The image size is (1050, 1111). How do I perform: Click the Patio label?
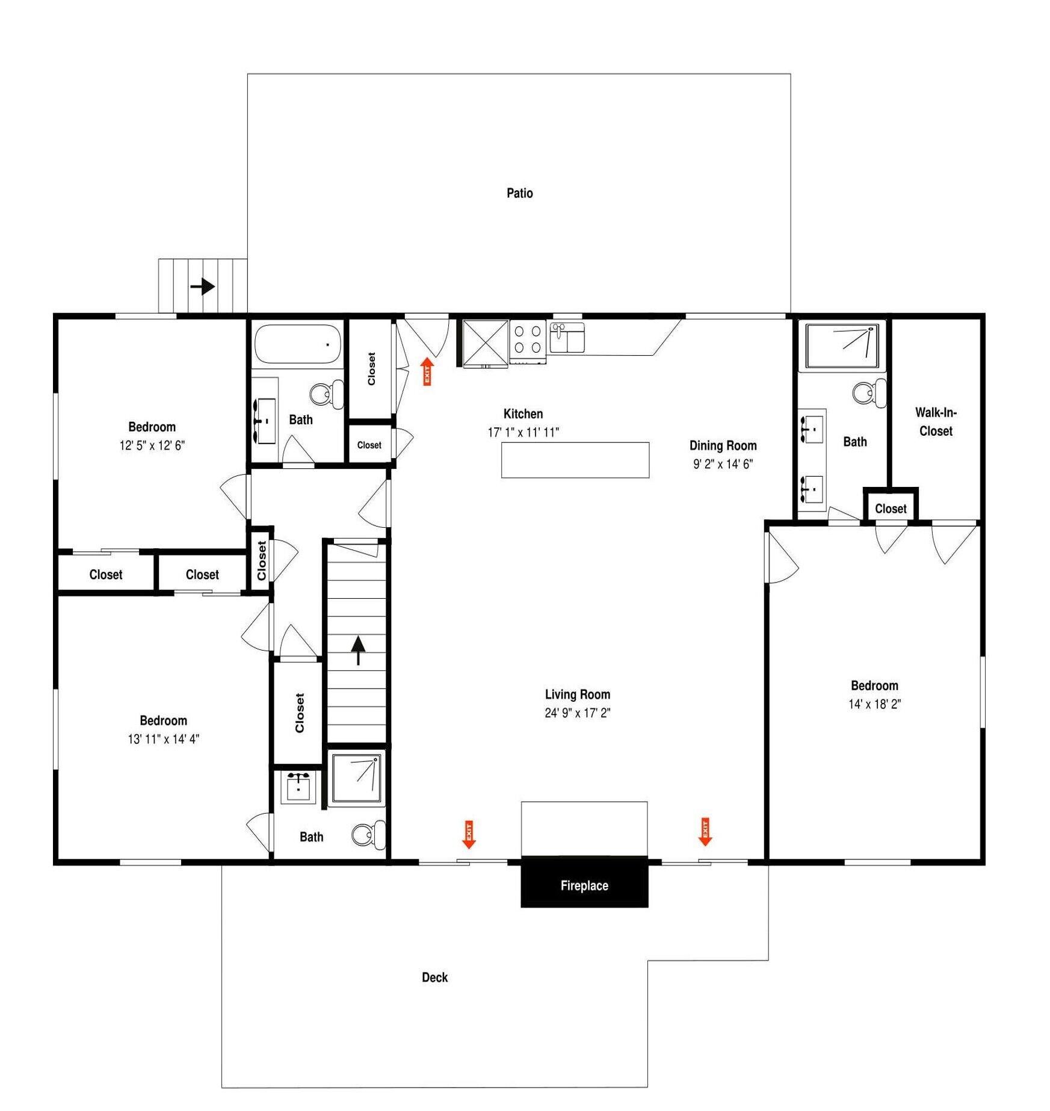point(519,193)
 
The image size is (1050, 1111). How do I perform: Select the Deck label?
point(434,977)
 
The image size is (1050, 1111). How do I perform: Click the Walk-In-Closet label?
point(936,422)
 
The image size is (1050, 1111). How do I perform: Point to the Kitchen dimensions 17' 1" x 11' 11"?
point(523,432)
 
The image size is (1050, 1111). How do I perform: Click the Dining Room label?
point(723,445)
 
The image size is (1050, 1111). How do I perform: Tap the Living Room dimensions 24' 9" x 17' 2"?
point(578,713)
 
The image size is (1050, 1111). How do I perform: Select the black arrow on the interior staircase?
point(358,651)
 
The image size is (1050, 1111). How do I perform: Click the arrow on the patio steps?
point(203,286)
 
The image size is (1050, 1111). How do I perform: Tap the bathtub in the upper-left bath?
point(297,344)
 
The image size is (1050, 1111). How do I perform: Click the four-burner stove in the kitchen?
point(528,341)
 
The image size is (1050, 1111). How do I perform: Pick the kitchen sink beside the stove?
point(566,338)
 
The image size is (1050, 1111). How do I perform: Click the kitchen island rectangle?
point(575,460)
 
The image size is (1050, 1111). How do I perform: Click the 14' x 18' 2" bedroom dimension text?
point(874,704)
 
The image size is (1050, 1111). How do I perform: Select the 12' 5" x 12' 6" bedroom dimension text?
point(152,445)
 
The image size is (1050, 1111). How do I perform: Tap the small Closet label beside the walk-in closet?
point(891,509)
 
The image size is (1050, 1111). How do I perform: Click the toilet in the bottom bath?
point(368,834)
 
